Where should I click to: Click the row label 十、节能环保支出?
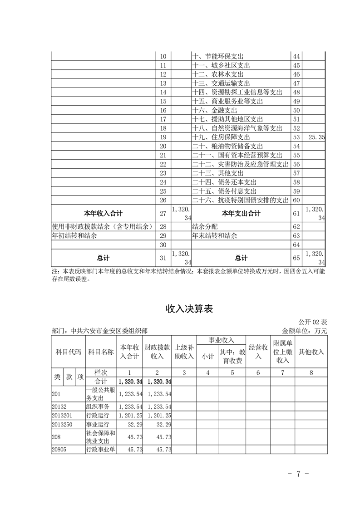click(218, 56)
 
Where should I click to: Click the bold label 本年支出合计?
click(241, 213)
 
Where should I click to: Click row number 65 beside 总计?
click(296, 258)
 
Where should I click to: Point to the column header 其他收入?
click(311, 352)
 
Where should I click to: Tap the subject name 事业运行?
click(98, 426)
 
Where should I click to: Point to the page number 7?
click(299, 474)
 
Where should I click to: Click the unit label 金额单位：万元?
click(304, 331)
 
